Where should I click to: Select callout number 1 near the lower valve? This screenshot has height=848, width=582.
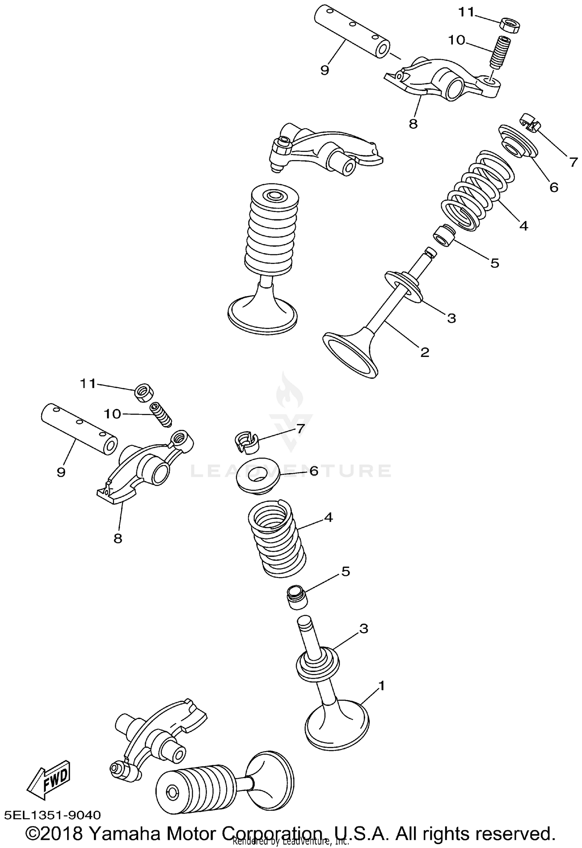coord(381,686)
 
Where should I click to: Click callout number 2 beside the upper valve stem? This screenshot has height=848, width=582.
coord(425,352)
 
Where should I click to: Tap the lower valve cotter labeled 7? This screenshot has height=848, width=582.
coord(246,442)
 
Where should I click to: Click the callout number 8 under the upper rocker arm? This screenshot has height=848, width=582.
coord(413,124)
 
